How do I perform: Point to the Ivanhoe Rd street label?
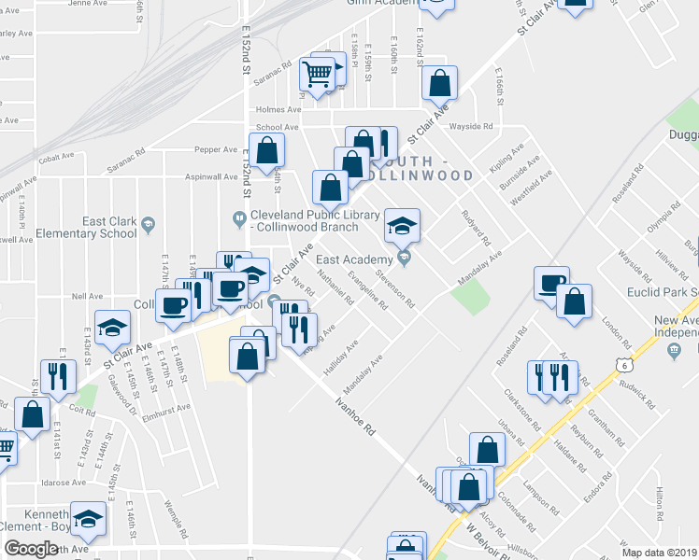356,418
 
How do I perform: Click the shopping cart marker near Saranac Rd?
318,75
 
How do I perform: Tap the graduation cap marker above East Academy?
403,225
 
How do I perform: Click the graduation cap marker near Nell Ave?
112,328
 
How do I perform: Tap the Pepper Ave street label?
216,149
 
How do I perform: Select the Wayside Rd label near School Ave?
471,126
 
